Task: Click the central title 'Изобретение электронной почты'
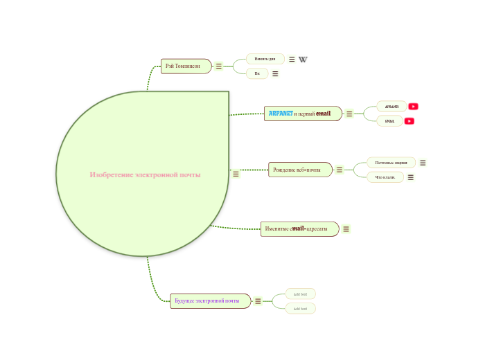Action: [x=145, y=174]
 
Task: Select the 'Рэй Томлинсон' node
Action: [x=184, y=66]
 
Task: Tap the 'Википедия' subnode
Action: [x=265, y=59]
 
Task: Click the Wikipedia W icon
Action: [x=303, y=60]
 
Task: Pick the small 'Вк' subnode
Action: [x=257, y=73]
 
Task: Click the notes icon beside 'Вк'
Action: [x=275, y=74]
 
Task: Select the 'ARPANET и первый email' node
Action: [x=303, y=114]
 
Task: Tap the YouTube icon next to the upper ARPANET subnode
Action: [x=414, y=107]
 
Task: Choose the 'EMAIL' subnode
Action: [x=389, y=121]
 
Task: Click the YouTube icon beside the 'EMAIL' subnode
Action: [x=410, y=121]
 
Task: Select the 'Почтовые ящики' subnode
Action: [x=391, y=163]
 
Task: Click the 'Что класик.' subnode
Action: [x=385, y=177]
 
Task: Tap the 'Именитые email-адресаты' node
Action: [x=299, y=229]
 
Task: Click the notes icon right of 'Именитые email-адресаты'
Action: [x=346, y=229]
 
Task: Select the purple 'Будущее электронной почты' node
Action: [x=210, y=301]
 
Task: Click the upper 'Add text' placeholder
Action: [x=301, y=294]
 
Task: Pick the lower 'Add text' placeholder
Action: [x=301, y=308]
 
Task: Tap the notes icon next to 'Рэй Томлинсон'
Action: [x=219, y=66]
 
